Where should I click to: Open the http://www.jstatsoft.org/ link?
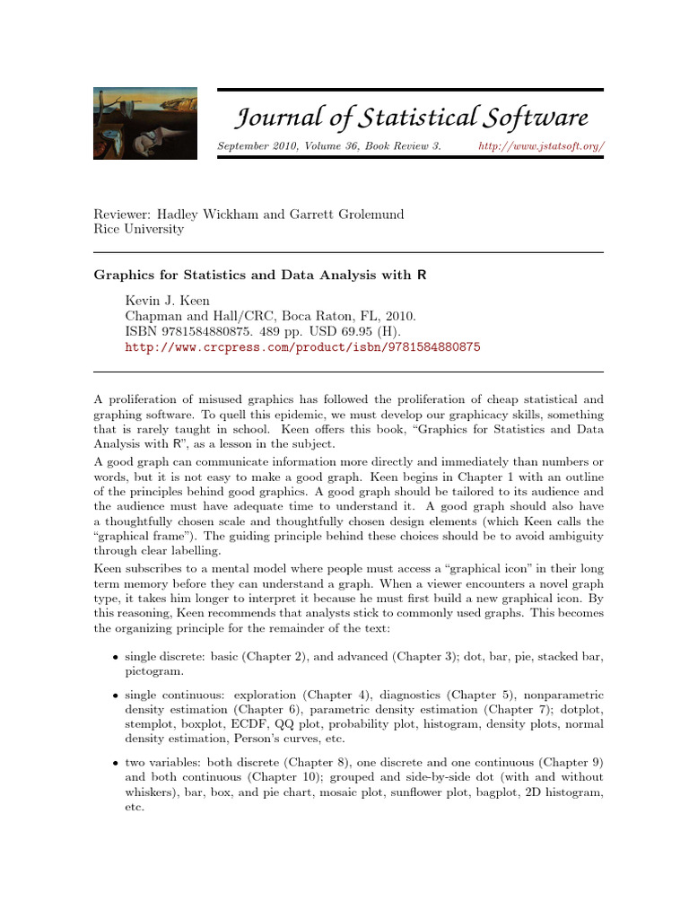[541, 146]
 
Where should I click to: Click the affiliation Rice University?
[139, 229]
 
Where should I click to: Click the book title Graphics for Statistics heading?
[260, 276]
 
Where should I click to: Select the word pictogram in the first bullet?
[154, 670]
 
